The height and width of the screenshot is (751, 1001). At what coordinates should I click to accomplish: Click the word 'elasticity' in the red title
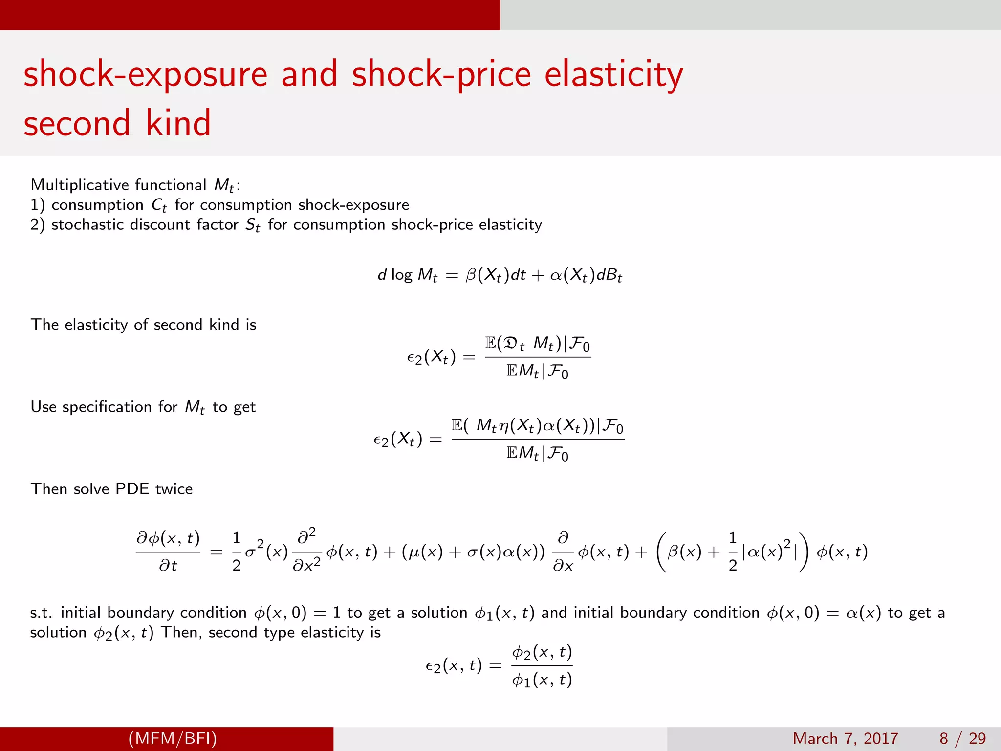(x=613, y=74)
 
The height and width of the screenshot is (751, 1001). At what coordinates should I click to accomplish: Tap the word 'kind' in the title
(x=178, y=123)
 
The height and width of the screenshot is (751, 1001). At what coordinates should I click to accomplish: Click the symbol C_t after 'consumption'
(x=159, y=205)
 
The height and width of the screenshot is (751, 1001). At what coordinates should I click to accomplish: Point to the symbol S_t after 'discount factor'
(x=252, y=225)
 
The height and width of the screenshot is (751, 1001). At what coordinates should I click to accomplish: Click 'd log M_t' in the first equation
(x=407, y=275)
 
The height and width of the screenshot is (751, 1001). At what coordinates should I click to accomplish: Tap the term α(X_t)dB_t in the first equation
(x=586, y=275)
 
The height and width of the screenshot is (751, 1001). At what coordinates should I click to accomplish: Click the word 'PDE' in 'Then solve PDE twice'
(x=131, y=489)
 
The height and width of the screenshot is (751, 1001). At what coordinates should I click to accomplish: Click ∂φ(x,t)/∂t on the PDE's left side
(x=168, y=552)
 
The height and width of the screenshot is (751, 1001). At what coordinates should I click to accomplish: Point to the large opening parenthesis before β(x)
(x=661, y=552)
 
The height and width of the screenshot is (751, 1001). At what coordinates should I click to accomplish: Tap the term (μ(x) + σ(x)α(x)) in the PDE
(x=473, y=552)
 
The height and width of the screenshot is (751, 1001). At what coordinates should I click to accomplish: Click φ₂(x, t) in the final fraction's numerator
(x=542, y=652)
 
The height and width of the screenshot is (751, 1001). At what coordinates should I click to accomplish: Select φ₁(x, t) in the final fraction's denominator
(x=542, y=680)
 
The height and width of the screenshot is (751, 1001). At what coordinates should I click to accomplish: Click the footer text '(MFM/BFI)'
(x=173, y=738)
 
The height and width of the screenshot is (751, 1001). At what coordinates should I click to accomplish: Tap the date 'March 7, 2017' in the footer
(x=845, y=738)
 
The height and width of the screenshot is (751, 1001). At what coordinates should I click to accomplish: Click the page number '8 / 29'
(x=962, y=738)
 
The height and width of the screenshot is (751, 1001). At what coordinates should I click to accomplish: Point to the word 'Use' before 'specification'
(x=43, y=407)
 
